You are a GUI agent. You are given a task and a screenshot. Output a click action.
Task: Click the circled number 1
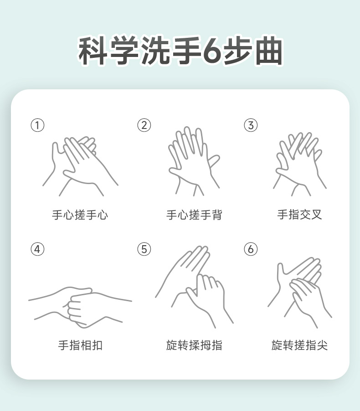point(37,125)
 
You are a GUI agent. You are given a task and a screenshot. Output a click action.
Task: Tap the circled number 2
point(144,125)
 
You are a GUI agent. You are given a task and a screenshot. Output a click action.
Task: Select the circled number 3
point(251,125)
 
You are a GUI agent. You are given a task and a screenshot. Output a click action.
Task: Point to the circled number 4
point(37,249)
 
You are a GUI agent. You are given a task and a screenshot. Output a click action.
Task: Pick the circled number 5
point(144,249)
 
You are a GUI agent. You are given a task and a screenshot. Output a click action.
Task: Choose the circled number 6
point(251,249)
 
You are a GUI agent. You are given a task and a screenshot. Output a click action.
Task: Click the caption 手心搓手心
point(80,215)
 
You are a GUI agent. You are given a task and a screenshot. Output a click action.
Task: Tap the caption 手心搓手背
point(194,215)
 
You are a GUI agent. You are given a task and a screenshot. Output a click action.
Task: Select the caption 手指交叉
point(299,215)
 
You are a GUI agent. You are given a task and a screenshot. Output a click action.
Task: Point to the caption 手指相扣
point(80,345)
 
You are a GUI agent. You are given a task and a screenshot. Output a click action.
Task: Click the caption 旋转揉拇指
point(194,345)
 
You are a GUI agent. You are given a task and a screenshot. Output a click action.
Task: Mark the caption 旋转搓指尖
point(299,345)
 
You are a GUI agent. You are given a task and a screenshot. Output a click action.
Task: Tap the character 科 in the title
point(93,51)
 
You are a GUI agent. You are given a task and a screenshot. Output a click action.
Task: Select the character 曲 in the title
point(269,51)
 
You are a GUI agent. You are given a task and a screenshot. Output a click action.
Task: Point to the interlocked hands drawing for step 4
point(80,307)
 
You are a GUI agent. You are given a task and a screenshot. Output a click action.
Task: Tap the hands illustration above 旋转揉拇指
point(194,287)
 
